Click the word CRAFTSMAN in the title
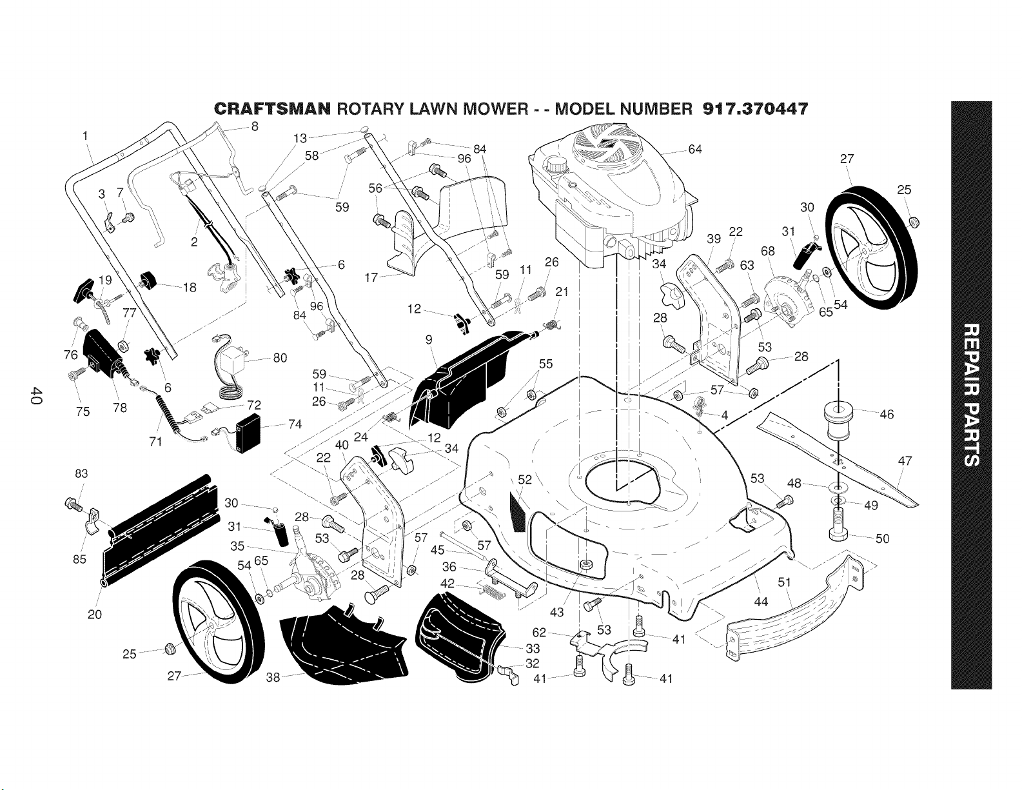tap(272, 109)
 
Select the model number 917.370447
tap(755, 109)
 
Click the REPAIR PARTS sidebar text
tap(972, 395)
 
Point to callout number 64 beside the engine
tap(694, 149)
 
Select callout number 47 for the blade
tap(905, 461)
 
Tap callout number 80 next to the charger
tap(280, 358)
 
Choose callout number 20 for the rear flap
tap(95, 614)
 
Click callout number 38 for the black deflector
tap(273, 677)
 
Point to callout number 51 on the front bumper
tap(784, 582)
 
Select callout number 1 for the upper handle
tap(85, 136)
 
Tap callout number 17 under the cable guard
tap(371, 277)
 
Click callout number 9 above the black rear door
tap(428, 339)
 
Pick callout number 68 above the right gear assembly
tap(767, 251)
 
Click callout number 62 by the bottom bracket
tap(539, 633)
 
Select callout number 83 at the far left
tap(81, 473)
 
